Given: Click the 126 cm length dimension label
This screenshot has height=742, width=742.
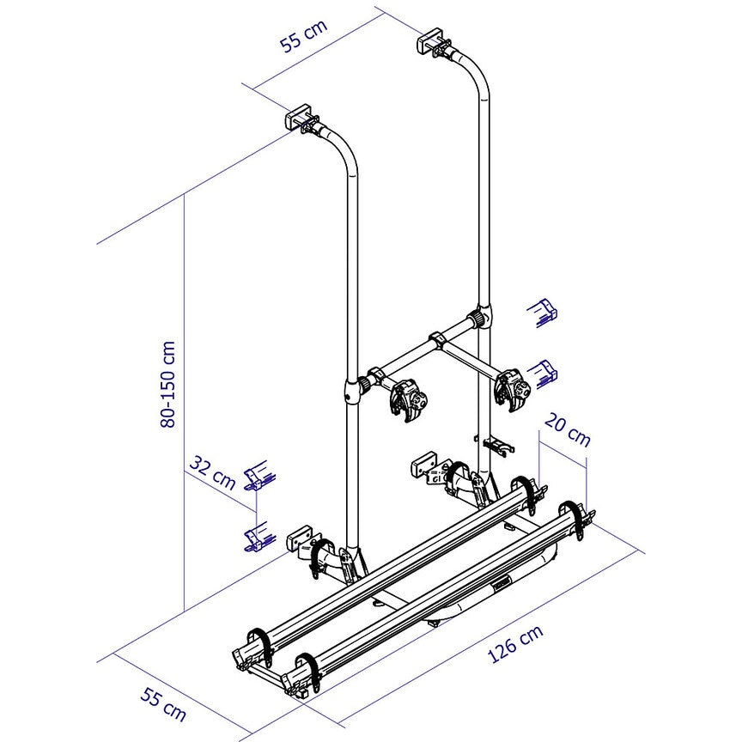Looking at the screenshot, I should pyautogui.click(x=515, y=644).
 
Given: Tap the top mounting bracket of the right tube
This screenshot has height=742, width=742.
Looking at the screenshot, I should pyautogui.click(x=432, y=44).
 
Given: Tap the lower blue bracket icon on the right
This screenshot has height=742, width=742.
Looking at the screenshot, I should pyautogui.click(x=543, y=371).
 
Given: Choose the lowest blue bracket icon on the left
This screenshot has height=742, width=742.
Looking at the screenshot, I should pyautogui.click(x=256, y=536).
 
